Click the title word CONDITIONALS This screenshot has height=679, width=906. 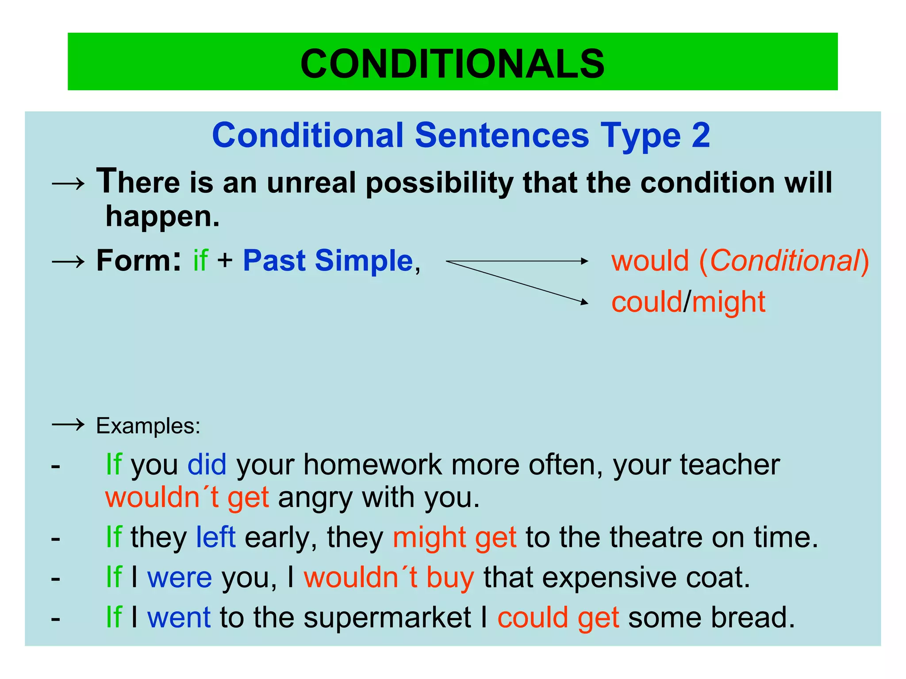pyautogui.click(x=452, y=64)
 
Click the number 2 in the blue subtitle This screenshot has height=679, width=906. pyautogui.click(x=701, y=135)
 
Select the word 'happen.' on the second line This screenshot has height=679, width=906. pyautogui.click(x=162, y=217)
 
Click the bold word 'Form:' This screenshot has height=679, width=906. pyautogui.click(x=138, y=260)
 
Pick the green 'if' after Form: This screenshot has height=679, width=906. pyautogui.click(x=200, y=260)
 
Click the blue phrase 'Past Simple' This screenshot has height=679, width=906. pyautogui.click(x=328, y=260)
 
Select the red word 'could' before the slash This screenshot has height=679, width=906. pyautogui.click(x=647, y=302)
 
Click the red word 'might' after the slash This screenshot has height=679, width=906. pyautogui.click(x=729, y=302)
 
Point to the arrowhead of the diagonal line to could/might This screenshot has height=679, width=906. pyautogui.click(x=585, y=302)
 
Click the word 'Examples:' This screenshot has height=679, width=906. pyautogui.click(x=148, y=426)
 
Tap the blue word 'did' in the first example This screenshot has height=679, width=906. pyautogui.click(x=207, y=465)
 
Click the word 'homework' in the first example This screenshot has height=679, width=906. pyautogui.click(x=372, y=465)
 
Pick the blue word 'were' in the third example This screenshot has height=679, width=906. pyautogui.click(x=180, y=577)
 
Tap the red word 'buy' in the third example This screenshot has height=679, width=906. pyautogui.click(x=450, y=577)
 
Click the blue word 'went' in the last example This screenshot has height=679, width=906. pyautogui.click(x=179, y=618)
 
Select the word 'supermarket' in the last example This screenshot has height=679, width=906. pyautogui.click(x=387, y=618)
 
